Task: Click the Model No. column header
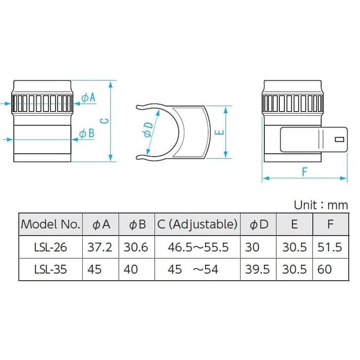[50, 224]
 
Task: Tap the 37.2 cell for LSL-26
[100, 247]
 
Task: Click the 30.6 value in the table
[136, 247]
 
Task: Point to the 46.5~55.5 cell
[197, 247]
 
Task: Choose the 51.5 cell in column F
[329, 247]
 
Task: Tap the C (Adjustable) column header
[197, 224]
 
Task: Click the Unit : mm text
[320, 205]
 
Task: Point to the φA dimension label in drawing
[88, 97]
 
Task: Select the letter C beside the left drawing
[103, 120]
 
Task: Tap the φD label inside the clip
[148, 129]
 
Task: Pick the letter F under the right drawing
[304, 172]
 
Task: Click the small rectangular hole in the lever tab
[339, 139]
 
